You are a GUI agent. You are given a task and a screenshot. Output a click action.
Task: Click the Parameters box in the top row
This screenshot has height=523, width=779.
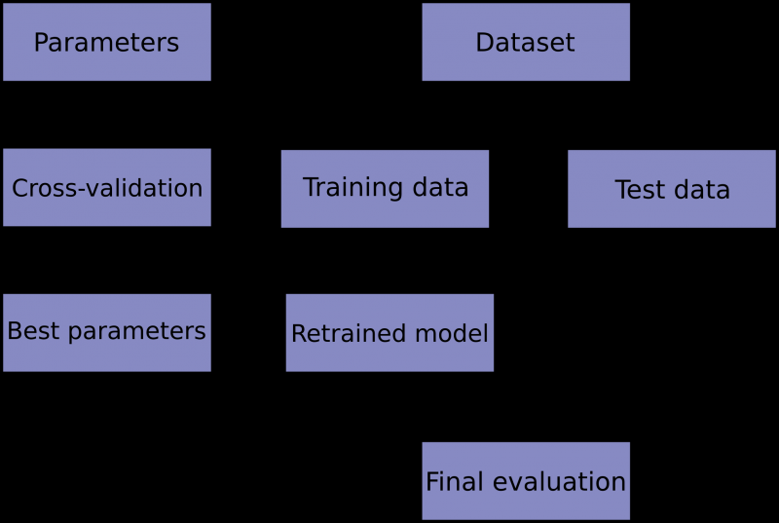[x=107, y=42]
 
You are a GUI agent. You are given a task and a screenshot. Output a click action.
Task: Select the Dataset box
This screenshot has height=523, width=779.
[x=526, y=42]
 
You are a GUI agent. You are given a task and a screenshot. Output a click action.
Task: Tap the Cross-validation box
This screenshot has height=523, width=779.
[x=107, y=187]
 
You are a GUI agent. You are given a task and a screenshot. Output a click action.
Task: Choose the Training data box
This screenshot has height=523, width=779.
[x=385, y=188]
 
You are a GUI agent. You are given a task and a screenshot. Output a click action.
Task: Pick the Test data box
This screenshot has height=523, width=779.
[x=672, y=189]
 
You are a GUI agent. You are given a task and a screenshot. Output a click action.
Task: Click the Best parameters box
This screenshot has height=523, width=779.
[x=107, y=332]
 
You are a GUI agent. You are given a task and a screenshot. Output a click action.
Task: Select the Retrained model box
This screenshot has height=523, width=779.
[x=389, y=333]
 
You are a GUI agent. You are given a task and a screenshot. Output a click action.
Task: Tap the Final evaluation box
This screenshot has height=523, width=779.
[x=526, y=480]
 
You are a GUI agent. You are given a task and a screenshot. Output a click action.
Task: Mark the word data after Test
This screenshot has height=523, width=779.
[x=706, y=190]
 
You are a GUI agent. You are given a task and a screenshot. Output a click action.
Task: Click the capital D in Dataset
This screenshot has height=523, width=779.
[x=483, y=43]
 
